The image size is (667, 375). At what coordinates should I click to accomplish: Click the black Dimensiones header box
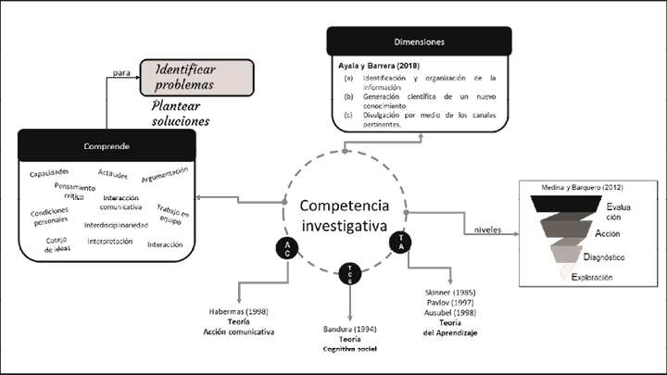tap(420, 42)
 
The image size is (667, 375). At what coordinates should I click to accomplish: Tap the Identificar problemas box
tap(196, 76)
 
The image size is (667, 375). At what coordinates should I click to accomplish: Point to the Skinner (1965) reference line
tap(452, 292)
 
